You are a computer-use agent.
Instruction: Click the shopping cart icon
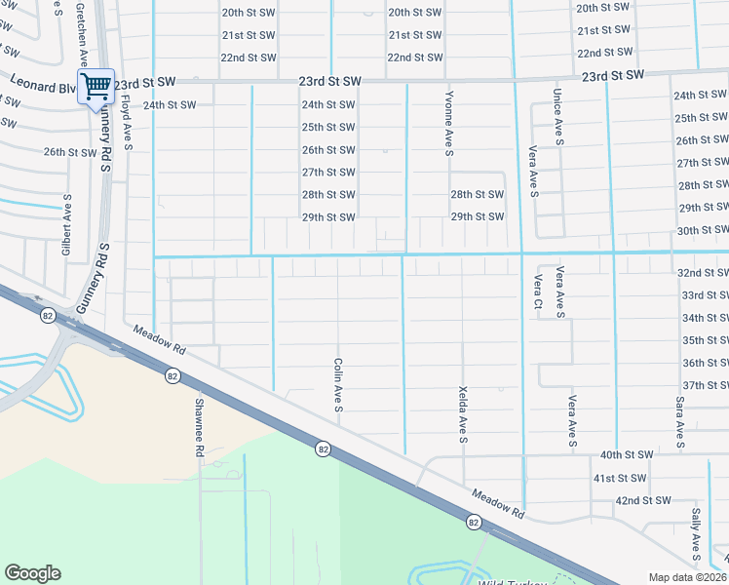point(96,87)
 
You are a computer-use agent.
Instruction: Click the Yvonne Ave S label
point(449,125)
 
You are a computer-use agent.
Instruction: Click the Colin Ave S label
point(338,384)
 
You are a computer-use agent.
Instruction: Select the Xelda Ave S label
point(464,413)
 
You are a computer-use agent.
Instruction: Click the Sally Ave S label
point(696,535)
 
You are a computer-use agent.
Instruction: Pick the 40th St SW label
point(625,455)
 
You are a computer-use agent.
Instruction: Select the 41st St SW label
point(619,478)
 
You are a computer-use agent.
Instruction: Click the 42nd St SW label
point(642,500)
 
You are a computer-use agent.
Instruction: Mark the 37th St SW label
point(706,385)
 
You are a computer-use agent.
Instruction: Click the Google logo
point(33,573)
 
